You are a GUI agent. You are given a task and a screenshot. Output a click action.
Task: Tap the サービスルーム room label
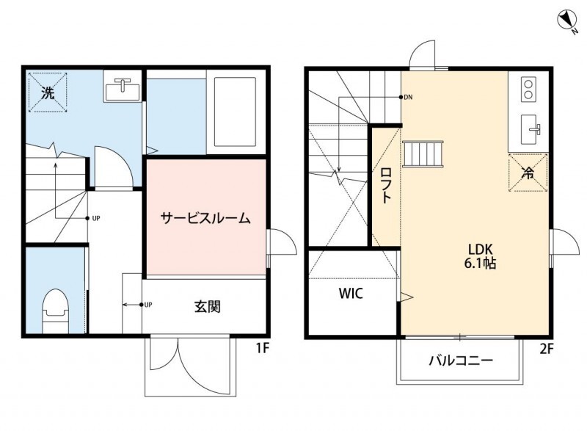(x=206, y=218)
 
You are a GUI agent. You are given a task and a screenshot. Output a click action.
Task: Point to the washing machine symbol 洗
(x=48, y=93)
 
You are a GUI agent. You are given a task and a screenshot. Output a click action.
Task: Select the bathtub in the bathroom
(x=235, y=112)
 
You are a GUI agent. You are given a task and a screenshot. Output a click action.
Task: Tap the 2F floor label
(x=547, y=349)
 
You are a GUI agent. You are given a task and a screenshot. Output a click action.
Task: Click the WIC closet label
(x=351, y=294)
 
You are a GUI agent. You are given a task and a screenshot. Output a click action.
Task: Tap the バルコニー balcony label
(x=461, y=361)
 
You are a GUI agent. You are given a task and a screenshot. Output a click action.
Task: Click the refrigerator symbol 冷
(x=528, y=173)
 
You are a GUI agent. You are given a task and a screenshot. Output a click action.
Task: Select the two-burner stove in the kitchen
(x=528, y=90)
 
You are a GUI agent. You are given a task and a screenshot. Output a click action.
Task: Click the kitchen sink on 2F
(x=531, y=130)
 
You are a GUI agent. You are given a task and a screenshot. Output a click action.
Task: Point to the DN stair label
(x=409, y=97)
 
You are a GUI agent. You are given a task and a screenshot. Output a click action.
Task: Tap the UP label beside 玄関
(x=148, y=305)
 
